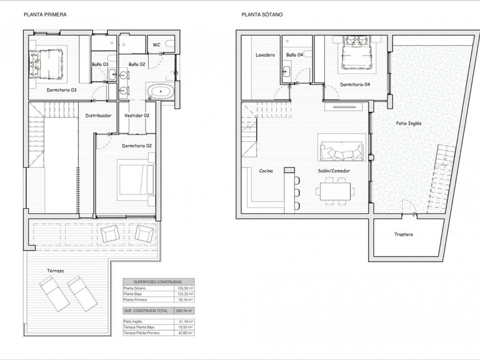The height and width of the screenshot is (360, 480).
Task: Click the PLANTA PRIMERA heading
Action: click(x=45, y=13)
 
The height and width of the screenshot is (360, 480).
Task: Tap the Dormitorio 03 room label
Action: click(x=61, y=90)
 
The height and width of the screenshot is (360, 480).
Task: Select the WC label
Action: click(x=156, y=44)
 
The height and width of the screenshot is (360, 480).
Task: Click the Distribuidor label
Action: click(x=99, y=116)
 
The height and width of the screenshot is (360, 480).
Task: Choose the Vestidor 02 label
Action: click(x=137, y=116)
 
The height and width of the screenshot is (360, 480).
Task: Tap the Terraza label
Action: click(x=56, y=271)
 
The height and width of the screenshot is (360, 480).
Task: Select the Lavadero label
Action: click(x=265, y=55)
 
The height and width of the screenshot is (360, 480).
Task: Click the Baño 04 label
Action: click(x=294, y=55)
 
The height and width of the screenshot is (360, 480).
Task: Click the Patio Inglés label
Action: click(x=409, y=123)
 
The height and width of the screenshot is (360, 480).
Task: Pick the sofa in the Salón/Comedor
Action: click(x=341, y=150)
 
